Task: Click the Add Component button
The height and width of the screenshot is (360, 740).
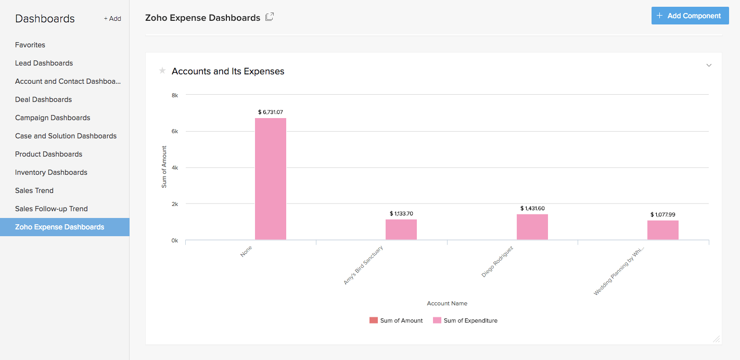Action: pyautogui.click(x=690, y=16)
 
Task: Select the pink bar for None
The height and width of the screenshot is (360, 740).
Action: pyautogui.click(x=270, y=179)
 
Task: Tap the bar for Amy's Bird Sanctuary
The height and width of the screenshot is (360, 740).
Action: pyautogui.click(x=401, y=229)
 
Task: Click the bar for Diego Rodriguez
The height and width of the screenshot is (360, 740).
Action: pyautogui.click(x=532, y=227)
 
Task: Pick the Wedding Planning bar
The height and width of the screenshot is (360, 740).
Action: pyautogui.click(x=662, y=230)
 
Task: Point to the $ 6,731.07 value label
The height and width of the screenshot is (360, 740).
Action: pyautogui.click(x=270, y=112)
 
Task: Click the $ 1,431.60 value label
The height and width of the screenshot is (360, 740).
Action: pyautogui.click(x=532, y=208)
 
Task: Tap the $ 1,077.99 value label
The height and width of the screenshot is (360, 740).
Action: pyautogui.click(x=662, y=214)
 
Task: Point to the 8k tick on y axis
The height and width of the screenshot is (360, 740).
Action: pyautogui.click(x=174, y=95)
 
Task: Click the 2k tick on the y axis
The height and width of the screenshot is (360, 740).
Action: pyautogui.click(x=174, y=204)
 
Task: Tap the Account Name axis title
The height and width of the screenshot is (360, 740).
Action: pyautogui.click(x=447, y=303)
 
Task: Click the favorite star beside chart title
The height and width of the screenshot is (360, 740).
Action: pyautogui.click(x=162, y=71)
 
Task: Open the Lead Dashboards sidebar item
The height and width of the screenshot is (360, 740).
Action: pyautogui.click(x=44, y=63)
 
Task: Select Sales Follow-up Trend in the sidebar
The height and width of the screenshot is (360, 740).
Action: pyautogui.click(x=51, y=209)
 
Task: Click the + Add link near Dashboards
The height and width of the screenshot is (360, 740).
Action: pyautogui.click(x=112, y=19)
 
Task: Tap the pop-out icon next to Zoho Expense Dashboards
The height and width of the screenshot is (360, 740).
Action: pyautogui.click(x=269, y=17)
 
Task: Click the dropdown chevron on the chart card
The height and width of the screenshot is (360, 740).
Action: pyautogui.click(x=708, y=66)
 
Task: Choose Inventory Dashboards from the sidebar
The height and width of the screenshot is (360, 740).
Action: pyautogui.click(x=51, y=172)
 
